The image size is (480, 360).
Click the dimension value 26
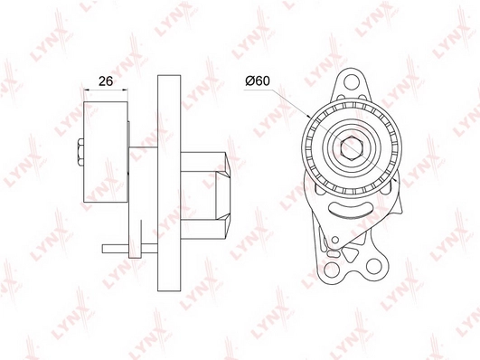click(x=106, y=81)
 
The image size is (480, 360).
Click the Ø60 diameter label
click(x=258, y=81)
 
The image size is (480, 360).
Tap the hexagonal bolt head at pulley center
click(x=351, y=148)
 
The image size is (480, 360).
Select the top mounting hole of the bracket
click(x=352, y=82)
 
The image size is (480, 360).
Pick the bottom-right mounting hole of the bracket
click(x=373, y=266)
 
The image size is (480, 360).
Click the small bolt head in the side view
click(x=80, y=152)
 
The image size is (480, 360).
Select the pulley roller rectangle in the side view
click(x=106, y=152)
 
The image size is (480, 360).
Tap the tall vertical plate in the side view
click(x=169, y=183)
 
